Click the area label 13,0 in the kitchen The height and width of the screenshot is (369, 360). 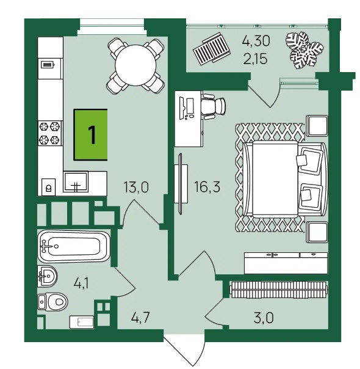136,188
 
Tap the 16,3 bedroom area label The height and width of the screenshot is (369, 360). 207,187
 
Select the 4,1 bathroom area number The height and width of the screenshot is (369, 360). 81,283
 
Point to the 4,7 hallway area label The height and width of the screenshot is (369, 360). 140,317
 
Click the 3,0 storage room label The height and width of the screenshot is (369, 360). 264,318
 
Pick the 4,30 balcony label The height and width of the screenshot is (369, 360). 256,41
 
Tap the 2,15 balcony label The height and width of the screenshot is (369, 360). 256,59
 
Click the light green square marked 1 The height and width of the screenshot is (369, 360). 91,135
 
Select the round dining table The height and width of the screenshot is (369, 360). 136,65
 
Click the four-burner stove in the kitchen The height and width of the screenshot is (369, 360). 50,133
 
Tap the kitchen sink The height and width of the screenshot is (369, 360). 76,181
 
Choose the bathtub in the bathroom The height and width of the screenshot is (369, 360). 74,246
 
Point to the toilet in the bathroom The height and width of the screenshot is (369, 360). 52,302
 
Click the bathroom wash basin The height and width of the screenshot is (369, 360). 47,276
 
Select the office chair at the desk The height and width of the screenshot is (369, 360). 214,106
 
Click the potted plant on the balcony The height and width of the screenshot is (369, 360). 304,50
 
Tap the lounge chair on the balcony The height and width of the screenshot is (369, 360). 211,49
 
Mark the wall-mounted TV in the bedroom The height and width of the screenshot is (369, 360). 181,184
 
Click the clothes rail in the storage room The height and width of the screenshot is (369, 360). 279,290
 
